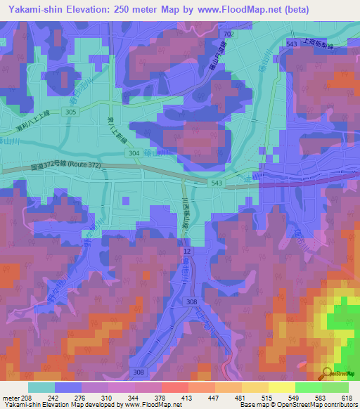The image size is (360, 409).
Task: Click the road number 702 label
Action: pyautogui.click(x=227, y=34)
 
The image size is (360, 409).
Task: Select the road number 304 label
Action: pyautogui.click(x=135, y=152)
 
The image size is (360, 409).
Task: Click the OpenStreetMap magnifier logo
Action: pyautogui.click(x=328, y=373)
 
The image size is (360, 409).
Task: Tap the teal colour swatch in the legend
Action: pyautogui.click(x=41, y=387)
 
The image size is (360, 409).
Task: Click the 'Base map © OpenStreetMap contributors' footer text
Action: pyautogui.click(x=300, y=405)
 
